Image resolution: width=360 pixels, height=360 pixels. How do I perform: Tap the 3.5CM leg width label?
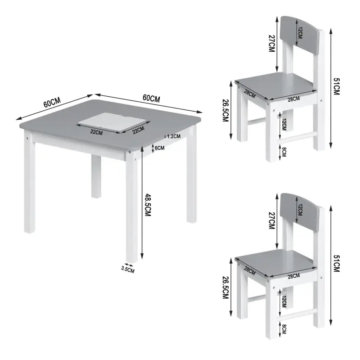pyautogui.click(x=128, y=270)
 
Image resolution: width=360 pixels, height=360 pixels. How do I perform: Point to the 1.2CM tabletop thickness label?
pyautogui.click(x=173, y=136)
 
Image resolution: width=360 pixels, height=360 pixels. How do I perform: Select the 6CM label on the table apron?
pyautogui.click(x=160, y=148)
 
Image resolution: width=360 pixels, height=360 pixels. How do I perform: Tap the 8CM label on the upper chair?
pyautogui.click(x=284, y=152)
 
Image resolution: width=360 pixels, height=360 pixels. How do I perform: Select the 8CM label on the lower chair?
pyautogui.click(x=284, y=329)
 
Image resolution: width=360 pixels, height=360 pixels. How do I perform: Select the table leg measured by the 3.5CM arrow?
pyautogui.click(x=131, y=216)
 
